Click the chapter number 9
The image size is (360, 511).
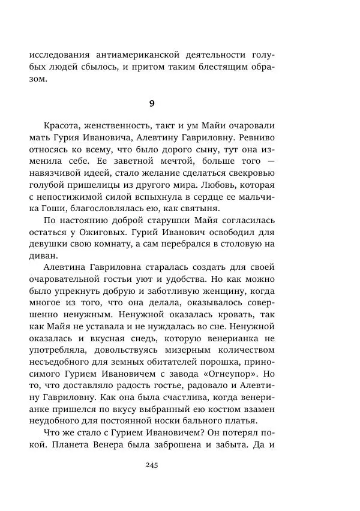[x=152, y=103]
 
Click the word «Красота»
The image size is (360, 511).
[x=62, y=126]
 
